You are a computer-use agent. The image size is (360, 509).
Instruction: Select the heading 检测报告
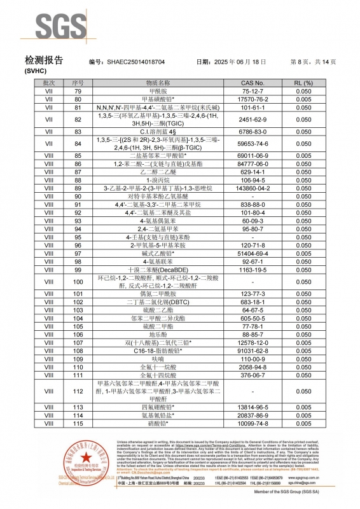click(x=44, y=61)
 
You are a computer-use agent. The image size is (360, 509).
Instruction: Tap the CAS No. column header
click(x=253, y=83)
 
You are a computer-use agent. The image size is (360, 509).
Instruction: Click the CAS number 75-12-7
click(x=253, y=92)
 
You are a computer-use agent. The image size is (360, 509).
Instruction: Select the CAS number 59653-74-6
click(x=253, y=144)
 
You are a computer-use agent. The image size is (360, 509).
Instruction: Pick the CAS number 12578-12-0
click(x=253, y=342)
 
